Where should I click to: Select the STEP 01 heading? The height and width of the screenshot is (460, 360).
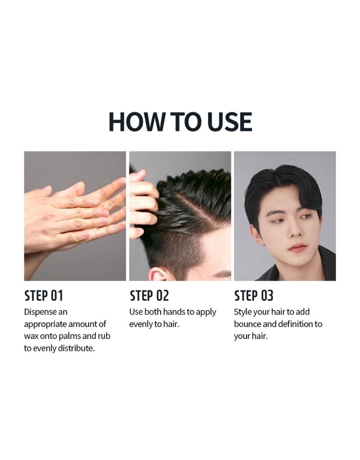point(43,295)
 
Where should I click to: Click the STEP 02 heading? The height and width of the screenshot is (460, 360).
point(149,295)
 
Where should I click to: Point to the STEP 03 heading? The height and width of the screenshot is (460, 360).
point(253,295)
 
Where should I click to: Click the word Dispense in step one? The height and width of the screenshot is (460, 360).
point(40,312)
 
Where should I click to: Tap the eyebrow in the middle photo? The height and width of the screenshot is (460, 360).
point(221,275)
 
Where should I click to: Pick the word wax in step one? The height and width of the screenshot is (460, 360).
point(31,336)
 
